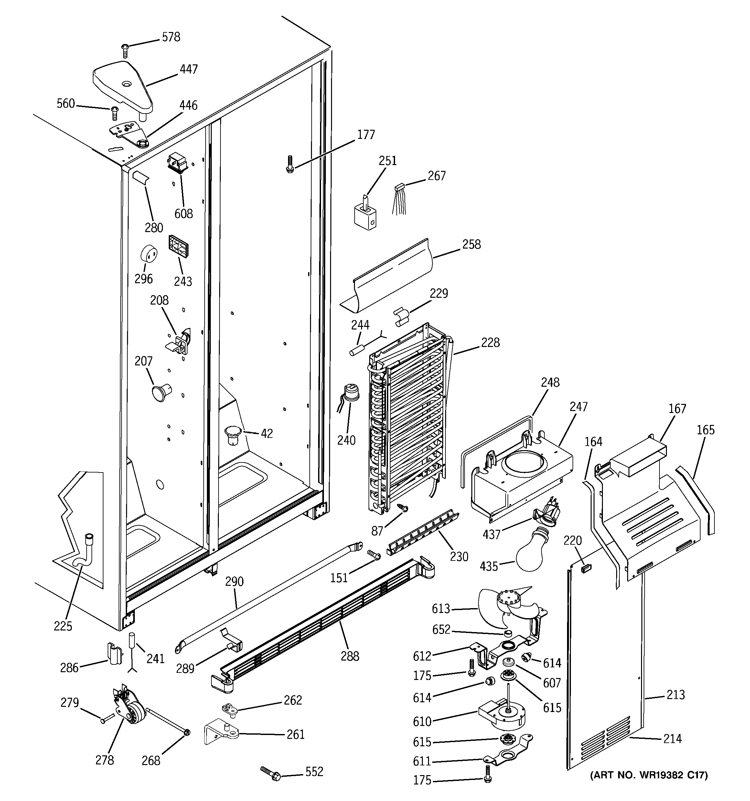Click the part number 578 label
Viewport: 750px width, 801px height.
tap(171, 37)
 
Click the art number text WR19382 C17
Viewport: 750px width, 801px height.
tap(648, 775)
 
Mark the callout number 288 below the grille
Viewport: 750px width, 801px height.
tap(349, 656)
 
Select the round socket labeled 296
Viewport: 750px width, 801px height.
tap(148, 253)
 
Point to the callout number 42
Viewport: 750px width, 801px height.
tap(266, 434)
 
